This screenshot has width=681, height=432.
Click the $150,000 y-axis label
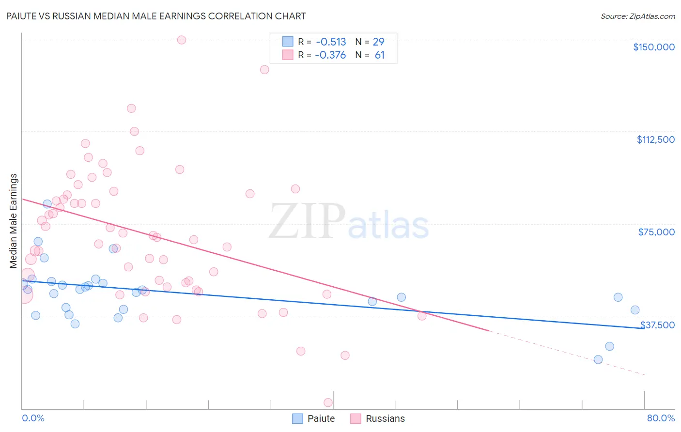pyautogui.click(x=653, y=47)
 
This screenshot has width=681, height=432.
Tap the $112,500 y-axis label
pyautogui.click(x=655, y=139)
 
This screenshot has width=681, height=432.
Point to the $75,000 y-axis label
pyautogui.click(x=656, y=232)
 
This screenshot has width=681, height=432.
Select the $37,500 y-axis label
pyautogui.click(x=657, y=325)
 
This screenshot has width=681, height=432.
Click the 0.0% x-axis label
pyautogui.click(x=33, y=418)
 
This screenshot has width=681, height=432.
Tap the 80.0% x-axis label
pyautogui.click(x=661, y=418)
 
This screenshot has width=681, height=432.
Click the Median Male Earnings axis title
pyautogui.click(x=14, y=220)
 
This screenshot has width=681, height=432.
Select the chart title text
pyautogui.click(x=156, y=16)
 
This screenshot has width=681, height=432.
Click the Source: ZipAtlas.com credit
pyautogui.click(x=637, y=16)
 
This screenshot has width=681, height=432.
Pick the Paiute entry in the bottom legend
pyautogui.click(x=321, y=418)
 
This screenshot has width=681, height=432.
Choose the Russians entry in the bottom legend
pyautogui.click(x=385, y=418)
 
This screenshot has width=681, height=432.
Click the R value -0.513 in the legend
pyautogui.click(x=331, y=42)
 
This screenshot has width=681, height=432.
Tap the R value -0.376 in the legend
pyautogui.click(x=330, y=55)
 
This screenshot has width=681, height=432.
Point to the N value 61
pyautogui.click(x=379, y=55)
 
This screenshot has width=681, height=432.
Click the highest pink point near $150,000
pyautogui.click(x=182, y=40)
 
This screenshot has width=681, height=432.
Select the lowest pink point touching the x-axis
pyautogui.click(x=328, y=402)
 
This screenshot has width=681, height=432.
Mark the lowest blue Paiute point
pyautogui.click(x=598, y=359)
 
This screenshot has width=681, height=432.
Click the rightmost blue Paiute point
pyautogui.click(x=635, y=310)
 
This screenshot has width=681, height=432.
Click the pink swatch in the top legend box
pyautogui.click(x=288, y=55)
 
